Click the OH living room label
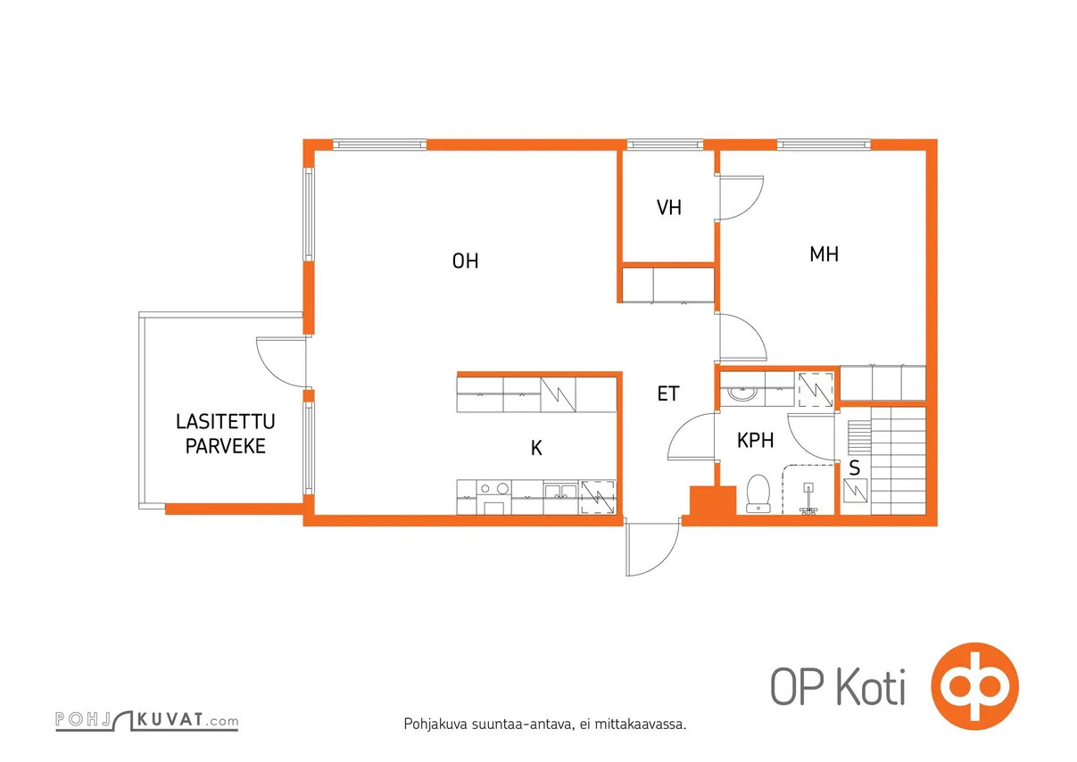click(x=465, y=261)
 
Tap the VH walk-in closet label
click(x=669, y=207)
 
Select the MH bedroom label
click(x=824, y=254)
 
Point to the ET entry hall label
click(x=667, y=393)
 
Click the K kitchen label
click(x=536, y=448)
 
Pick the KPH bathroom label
click(x=756, y=441)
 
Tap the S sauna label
click(x=855, y=468)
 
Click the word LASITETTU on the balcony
click(x=226, y=422)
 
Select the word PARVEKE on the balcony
click(x=226, y=446)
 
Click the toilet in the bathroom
click(x=758, y=493)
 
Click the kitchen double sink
click(x=560, y=492)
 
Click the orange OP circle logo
click(x=974, y=686)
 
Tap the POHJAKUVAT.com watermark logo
click(x=146, y=721)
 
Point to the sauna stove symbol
click(x=856, y=491)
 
